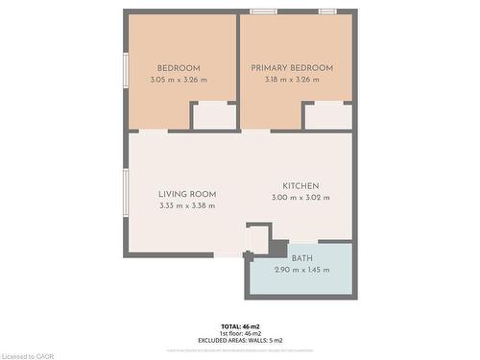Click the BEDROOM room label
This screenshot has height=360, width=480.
[x=180, y=68]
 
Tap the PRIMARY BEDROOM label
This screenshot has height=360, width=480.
[x=292, y=68]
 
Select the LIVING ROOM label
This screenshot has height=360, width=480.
[x=187, y=193]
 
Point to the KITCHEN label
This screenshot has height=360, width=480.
[x=300, y=186]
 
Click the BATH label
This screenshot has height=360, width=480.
[x=302, y=258]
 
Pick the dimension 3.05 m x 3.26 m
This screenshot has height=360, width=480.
[x=180, y=80]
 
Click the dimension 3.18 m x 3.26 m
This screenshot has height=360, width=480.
[x=292, y=80]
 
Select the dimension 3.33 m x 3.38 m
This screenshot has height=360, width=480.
[x=187, y=205]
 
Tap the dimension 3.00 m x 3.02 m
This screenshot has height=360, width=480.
[x=300, y=198]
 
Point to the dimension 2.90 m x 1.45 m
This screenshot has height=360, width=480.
[x=302, y=270]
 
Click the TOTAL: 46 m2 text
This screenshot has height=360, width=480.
[x=240, y=327]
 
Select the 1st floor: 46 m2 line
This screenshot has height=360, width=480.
[x=240, y=333]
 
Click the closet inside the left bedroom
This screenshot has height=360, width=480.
[x=213, y=115]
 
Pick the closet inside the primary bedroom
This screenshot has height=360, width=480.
[x=327, y=115]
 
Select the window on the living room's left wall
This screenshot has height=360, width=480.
[x=126, y=193]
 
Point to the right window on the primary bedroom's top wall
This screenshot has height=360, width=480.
[x=328, y=12]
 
